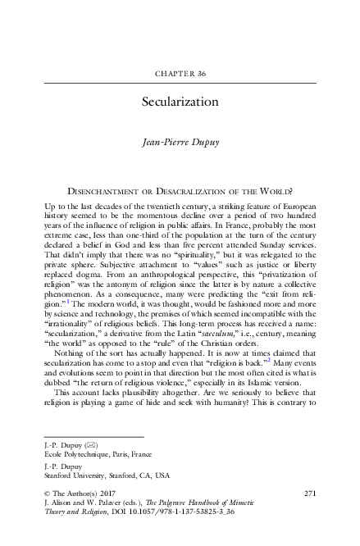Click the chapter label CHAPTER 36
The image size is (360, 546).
[180, 73]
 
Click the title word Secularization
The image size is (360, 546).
[180, 102]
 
